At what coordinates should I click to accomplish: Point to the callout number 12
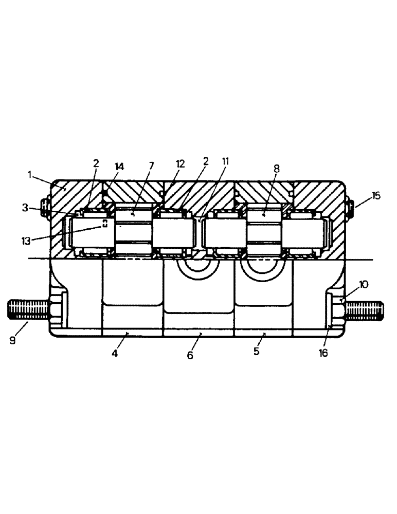click(x=179, y=164)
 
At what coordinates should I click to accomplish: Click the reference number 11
click(x=225, y=161)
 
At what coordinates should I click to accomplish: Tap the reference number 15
click(x=376, y=196)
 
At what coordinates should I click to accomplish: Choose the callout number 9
click(x=12, y=340)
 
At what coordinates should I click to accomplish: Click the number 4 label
click(x=115, y=354)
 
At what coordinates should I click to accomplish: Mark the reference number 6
click(x=190, y=355)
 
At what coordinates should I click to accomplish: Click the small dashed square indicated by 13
click(x=105, y=223)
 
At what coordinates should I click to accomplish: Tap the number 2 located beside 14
click(x=96, y=164)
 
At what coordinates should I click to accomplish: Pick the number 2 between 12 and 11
click(x=205, y=161)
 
